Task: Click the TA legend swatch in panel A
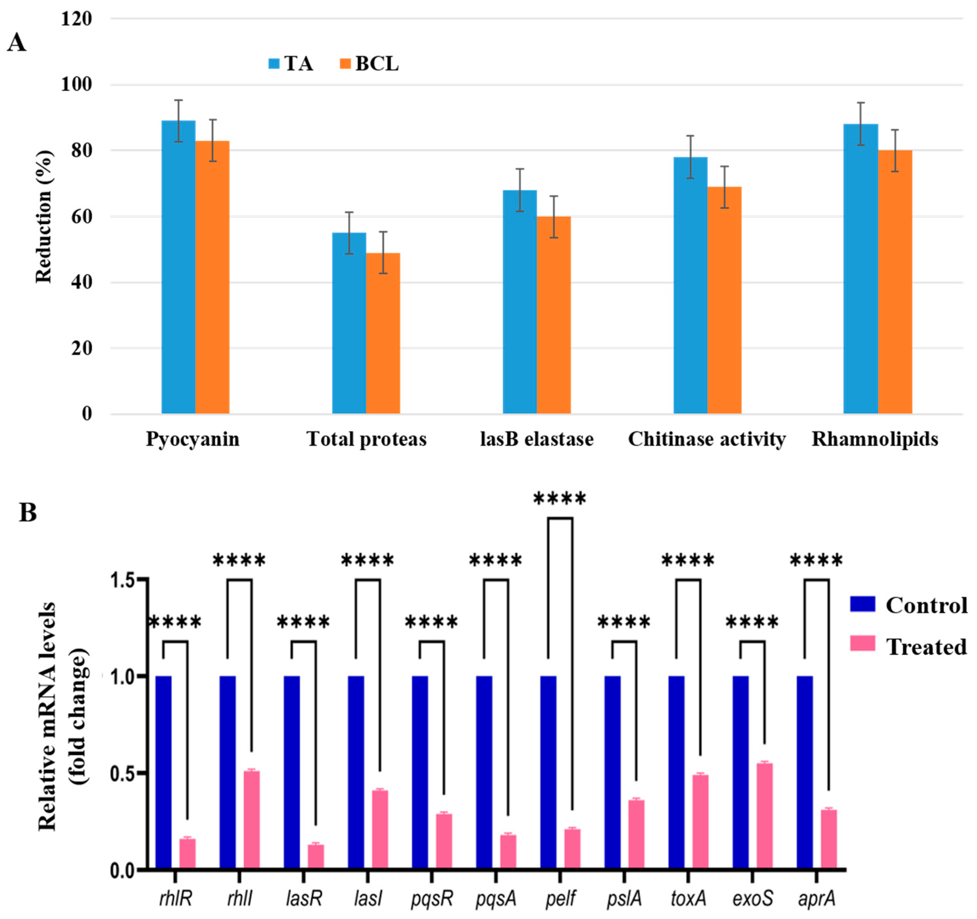point(274,64)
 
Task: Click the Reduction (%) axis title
point(43,216)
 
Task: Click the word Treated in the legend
point(926,647)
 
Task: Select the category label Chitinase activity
point(707,439)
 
